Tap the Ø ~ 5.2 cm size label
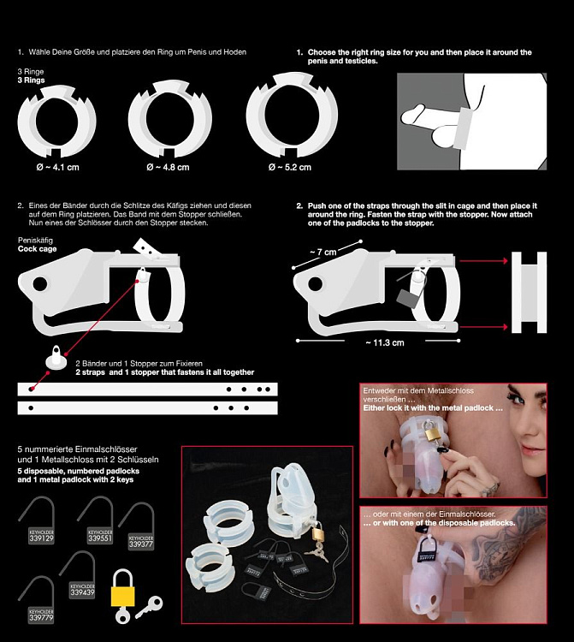pos(289,167)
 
